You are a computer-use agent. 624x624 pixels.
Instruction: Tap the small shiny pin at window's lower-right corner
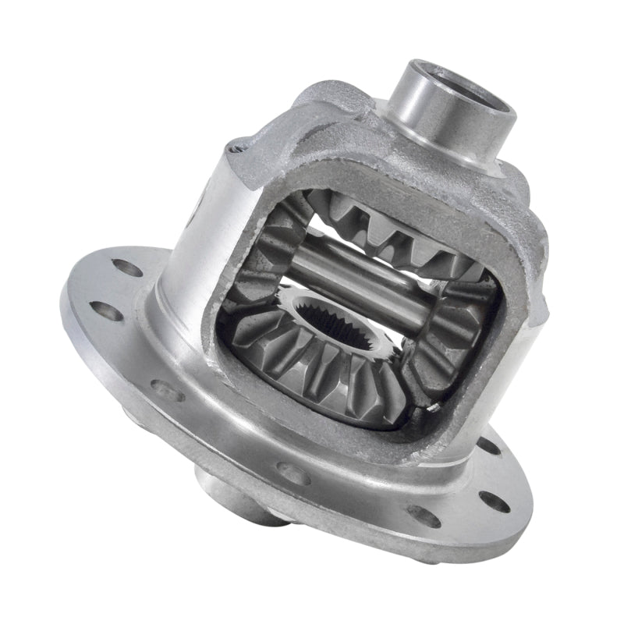pos(427,406)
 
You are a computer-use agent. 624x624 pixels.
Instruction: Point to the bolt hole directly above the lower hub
pos(291,473)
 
